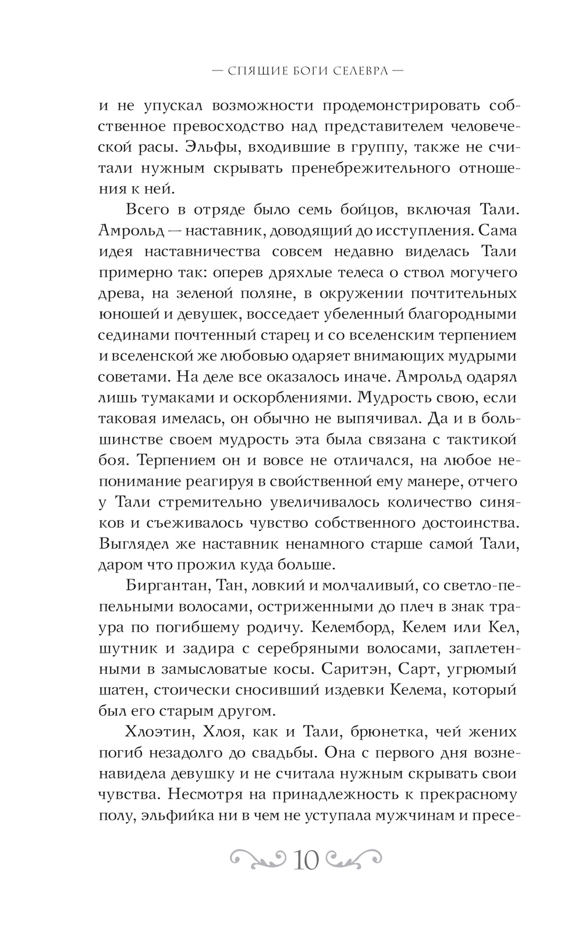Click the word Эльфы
pos(211,147)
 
